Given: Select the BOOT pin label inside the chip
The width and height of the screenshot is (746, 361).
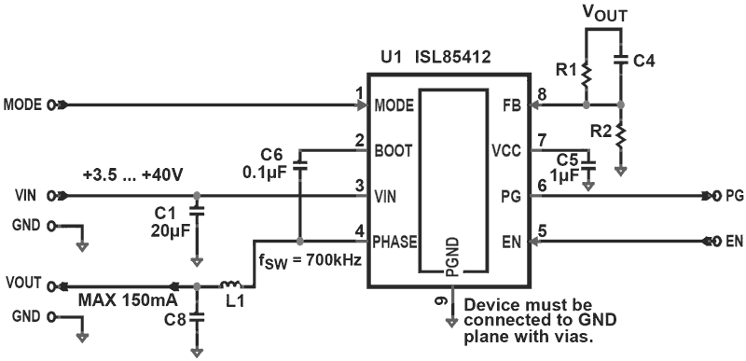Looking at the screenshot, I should [393, 149].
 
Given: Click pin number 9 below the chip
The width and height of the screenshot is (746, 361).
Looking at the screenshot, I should [439, 300].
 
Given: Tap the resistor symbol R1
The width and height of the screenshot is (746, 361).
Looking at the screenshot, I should [587, 73].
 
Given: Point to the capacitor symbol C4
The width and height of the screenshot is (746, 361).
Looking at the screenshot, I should [621, 61].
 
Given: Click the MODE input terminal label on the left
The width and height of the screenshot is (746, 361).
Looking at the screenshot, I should [23, 104].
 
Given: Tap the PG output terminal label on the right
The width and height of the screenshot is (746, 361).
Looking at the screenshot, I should [734, 197].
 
